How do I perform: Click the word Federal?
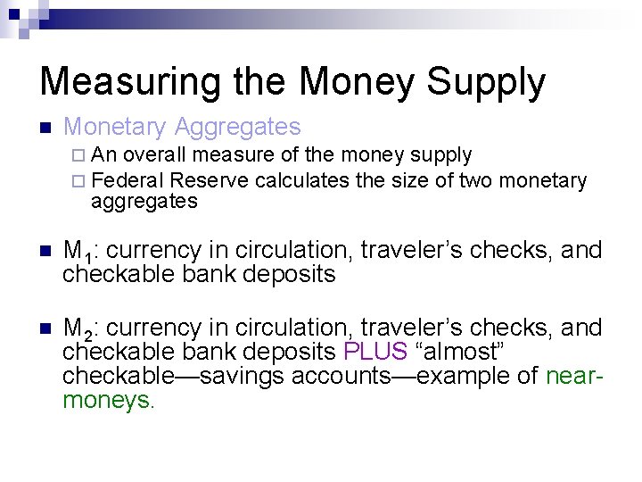point(128,180)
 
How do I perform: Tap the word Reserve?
point(209,180)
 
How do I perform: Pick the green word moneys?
point(106,400)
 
